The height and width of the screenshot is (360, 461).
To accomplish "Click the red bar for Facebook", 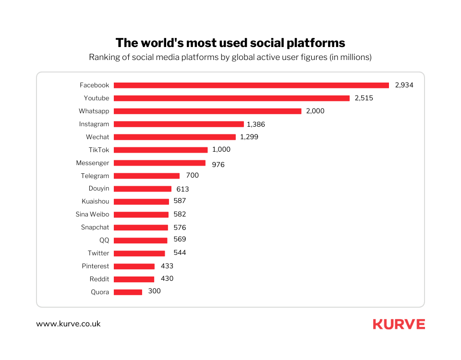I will [x=251, y=85].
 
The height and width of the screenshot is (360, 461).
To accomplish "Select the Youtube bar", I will [x=231, y=98].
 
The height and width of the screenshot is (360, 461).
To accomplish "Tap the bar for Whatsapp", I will [x=207, y=111].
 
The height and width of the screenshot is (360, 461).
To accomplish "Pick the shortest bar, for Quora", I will [x=128, y=292].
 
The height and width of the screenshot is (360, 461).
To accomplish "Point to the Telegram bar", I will [x=146, y=176].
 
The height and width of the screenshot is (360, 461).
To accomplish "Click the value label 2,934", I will [x=404, y=85].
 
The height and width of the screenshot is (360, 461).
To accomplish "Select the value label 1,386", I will [x=256, y=124].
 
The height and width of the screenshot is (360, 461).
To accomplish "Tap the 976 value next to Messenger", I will [x=218, y=165].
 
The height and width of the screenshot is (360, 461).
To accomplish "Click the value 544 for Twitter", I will [x=180, y=252].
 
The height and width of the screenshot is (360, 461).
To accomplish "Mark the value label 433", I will [x=167, y=266].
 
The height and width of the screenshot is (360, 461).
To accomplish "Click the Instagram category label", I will [x=94, y=124].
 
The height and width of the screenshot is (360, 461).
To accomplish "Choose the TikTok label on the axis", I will [x=99, y=150].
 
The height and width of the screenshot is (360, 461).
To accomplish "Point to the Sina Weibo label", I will [x=92, y=215].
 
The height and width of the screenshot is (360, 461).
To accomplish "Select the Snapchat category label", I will [x=95, y=228].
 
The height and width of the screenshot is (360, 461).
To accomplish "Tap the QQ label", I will [x=104, y=240].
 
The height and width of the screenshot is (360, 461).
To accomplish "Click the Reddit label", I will [x=99, y=279].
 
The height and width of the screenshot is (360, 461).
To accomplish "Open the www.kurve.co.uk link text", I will [x=68, y=324].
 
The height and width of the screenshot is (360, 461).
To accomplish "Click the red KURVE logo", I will [x=399, y=324].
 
